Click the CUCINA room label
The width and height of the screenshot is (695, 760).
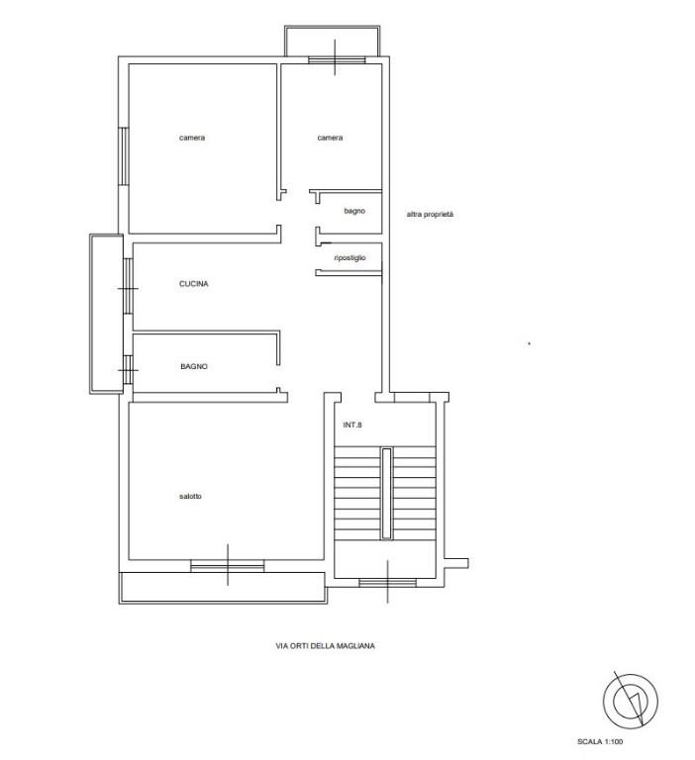193,284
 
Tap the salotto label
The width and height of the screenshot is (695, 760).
190,497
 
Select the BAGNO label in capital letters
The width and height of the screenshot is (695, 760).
194,366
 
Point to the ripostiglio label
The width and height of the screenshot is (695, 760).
349,258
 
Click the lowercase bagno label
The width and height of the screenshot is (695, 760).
354,211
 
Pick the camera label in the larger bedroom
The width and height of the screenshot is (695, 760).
192,138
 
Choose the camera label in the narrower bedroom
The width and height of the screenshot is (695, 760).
330,138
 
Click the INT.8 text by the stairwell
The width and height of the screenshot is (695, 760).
352,425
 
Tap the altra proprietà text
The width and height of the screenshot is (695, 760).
430,214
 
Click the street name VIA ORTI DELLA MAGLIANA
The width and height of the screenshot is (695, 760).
325,645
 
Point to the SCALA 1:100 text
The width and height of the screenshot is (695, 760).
600,741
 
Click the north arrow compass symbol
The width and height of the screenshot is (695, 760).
631,701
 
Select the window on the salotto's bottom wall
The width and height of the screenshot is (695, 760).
228,566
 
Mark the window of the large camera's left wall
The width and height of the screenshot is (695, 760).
124,156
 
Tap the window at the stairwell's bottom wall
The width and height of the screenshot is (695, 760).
387,582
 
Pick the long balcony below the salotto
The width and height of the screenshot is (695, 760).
223,588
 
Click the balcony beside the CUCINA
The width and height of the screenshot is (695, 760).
106,314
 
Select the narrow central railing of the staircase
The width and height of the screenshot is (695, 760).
386,494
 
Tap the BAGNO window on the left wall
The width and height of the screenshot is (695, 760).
128,370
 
